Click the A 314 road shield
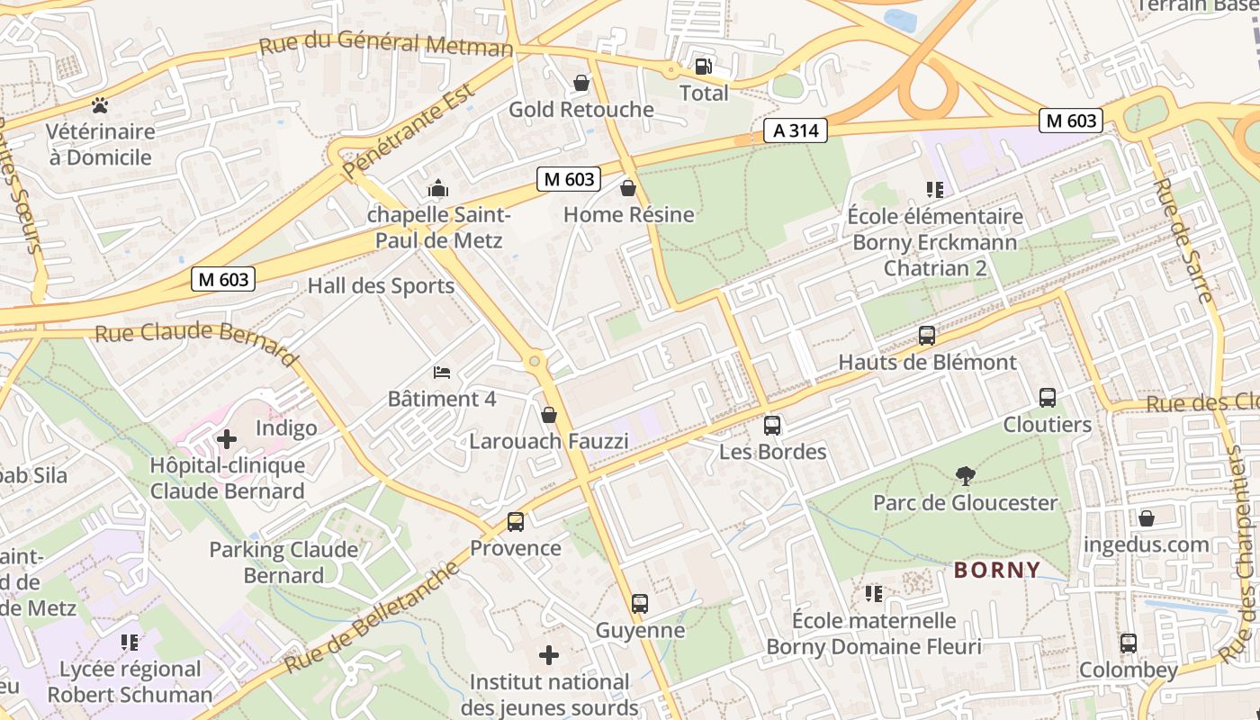click(796, 130)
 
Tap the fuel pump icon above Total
click(703, 66)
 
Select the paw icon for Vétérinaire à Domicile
click(100, 105)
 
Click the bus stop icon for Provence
click(516, 521)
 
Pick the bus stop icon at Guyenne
click(640, 603)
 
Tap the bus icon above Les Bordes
click(772, 426)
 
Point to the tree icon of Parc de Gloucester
click(965, 475)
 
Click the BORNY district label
click(997, 570)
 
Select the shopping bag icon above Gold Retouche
click(582, 83)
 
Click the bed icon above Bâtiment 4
click(441, 372)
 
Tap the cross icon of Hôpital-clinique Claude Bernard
click(227, 439)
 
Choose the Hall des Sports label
click(381, 286)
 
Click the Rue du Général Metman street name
click(386, 44)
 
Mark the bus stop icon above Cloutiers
click(1048, 398)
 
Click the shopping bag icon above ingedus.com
click(1147, 518)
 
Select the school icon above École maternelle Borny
click(873, 594)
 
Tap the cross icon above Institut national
click(549, 654)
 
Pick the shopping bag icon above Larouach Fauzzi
click(549, 415)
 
